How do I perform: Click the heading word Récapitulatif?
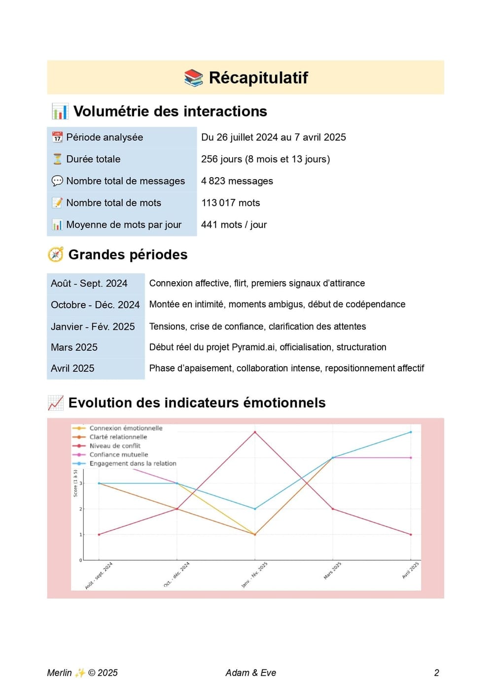[258, 77]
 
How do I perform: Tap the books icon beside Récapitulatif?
[194, 77]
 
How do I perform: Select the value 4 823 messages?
[237, 181]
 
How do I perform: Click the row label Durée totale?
[93, 159]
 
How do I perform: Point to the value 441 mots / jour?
[234, 224]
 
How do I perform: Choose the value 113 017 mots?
[230, 203]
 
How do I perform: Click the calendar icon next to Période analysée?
[57, 137]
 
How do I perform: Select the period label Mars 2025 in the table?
[74, 347]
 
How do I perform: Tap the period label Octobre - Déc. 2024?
[95, 305]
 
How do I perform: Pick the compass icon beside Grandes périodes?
[56, 255]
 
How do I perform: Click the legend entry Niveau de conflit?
[115, 446]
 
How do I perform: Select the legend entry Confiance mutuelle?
[118, 455]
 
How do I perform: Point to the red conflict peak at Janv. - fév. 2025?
[255, 432]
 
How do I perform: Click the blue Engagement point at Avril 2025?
[411, 432]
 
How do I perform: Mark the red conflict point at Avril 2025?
[411, 534]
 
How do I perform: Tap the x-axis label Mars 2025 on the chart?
[332, 570]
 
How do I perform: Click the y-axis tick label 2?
[81, 509]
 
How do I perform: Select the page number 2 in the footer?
[436, 673]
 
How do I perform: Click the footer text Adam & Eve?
[250, 673]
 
